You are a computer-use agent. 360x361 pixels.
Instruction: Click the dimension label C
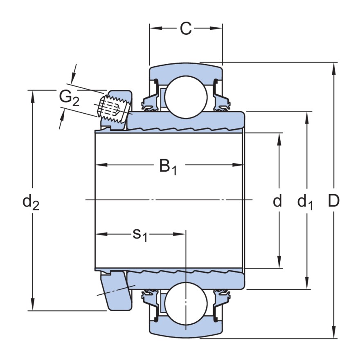(185, 29)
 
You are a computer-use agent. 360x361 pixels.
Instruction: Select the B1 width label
(168, 166)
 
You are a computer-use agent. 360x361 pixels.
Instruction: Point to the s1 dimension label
(139, 235)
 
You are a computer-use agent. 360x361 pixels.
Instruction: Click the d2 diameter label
(31, 202)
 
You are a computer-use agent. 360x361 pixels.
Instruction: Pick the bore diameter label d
(277, 201)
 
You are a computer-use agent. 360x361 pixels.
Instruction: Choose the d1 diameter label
(305, 202)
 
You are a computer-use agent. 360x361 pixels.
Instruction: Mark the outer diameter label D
(334, 201)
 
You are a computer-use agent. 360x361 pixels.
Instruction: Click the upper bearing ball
(186, 97)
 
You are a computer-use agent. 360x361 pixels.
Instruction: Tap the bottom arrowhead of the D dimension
(334, 333)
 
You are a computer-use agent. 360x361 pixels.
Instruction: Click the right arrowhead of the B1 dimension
(239, 165)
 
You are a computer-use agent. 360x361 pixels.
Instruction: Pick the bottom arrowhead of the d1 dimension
(306, 284)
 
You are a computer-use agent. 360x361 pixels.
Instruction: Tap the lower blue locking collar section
(119, 291)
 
